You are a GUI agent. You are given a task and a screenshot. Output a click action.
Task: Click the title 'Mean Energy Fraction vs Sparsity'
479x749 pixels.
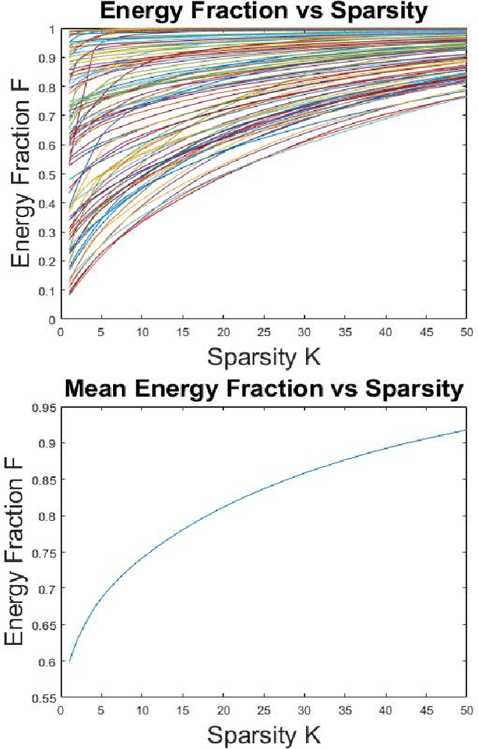(x=263, y=389)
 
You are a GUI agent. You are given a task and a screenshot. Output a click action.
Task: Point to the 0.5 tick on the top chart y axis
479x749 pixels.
(x=50, y=174)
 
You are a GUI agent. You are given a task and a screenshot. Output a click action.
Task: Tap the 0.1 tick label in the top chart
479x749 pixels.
(x=50, y=290)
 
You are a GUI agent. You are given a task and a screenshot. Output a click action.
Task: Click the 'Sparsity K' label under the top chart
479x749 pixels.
(x=263, y=356)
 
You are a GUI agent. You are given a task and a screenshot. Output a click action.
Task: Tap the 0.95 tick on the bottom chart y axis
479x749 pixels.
(x=47, y=407)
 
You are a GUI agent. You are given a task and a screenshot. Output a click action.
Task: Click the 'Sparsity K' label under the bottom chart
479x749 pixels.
(x=263, y=735)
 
